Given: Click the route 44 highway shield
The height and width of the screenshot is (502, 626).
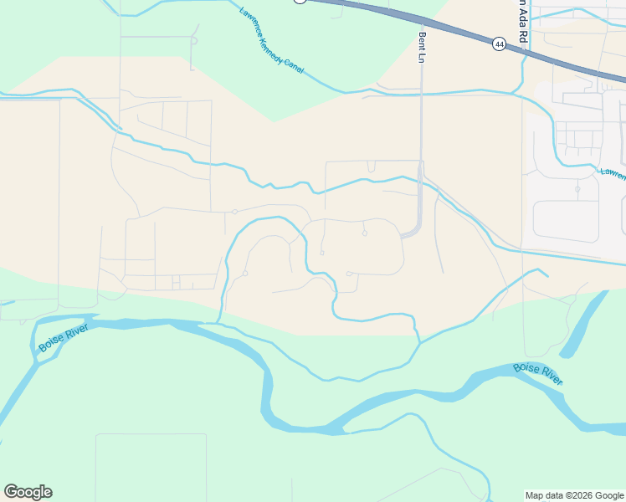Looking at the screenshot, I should point(499,44).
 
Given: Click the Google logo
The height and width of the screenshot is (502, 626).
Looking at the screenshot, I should point(28,492).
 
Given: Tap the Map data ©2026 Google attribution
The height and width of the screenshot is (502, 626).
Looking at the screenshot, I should point(574,495).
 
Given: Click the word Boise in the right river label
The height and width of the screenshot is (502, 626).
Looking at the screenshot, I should point(526,368).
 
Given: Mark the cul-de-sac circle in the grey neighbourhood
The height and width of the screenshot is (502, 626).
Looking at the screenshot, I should point(577,189).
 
